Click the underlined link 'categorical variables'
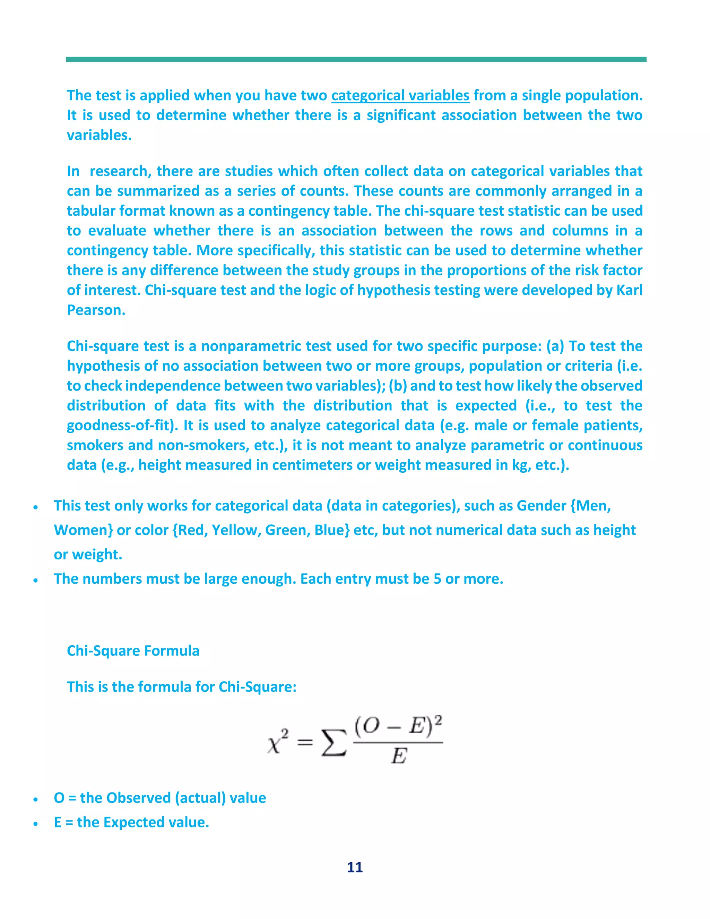[x=400, y=95]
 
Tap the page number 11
[x=355, y=867]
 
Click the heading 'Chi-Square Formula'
[x=133, y=651]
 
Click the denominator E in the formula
[x=398, y=756]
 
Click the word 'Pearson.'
[x=96, y=310]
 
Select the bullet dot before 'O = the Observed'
[x=36, y=799]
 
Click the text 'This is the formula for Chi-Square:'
[x=181, y=687]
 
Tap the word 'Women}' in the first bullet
[x=83, y=530]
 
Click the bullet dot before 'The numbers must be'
[x=36, y=580]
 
